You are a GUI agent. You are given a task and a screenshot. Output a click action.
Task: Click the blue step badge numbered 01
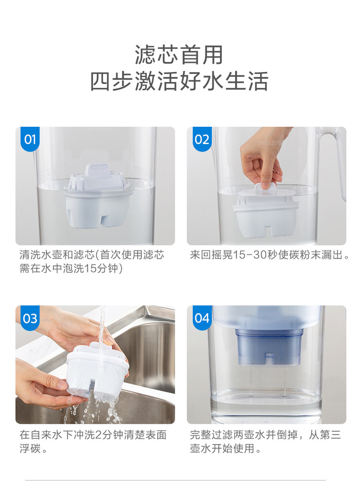coord(30,139)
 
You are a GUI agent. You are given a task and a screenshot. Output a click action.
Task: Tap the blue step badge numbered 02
coord(202,139)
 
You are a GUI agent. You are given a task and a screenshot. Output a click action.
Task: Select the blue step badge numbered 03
coord(30,318)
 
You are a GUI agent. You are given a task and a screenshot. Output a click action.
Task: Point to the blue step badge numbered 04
coord(202,318)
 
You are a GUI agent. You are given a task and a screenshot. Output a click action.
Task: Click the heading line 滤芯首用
coord(179,55)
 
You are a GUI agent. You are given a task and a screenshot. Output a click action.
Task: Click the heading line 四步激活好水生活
coord(180,81)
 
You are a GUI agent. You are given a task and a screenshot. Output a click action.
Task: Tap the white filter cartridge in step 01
coord(98,196)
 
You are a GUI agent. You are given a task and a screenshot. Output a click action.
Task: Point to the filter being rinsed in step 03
coord(97,370)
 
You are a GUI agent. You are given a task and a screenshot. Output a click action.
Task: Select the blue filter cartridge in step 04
coord(268,347)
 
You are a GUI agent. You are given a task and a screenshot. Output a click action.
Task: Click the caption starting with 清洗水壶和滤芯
coord(92,261)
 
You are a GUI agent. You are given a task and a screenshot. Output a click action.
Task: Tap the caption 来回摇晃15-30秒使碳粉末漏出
coord(270,255)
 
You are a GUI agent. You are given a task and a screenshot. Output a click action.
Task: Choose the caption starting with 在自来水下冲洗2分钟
coord(93,442)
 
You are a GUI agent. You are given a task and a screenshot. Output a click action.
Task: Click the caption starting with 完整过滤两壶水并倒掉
coord(265,442)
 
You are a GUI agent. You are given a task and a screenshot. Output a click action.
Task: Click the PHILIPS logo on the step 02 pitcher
coord(270,143)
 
